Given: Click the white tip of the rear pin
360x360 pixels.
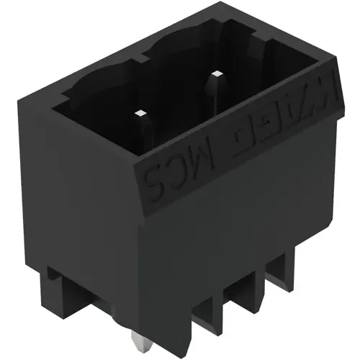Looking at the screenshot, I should [215, 74].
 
